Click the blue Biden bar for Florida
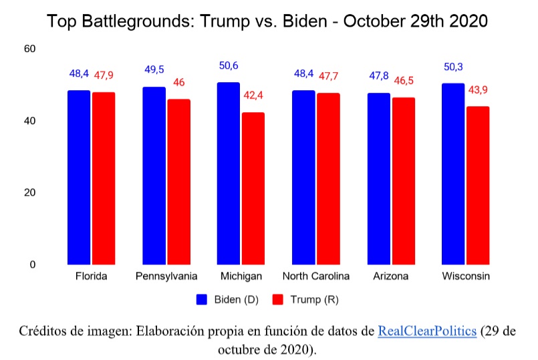79,178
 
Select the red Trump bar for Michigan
253,188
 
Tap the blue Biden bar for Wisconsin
453,174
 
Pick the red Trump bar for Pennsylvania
178,182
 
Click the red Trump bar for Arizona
403,181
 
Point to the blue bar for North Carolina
304,178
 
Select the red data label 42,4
253,96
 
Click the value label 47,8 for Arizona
379,75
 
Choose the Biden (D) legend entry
227,299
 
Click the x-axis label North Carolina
316,276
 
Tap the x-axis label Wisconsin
466,276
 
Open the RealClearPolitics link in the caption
427,332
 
